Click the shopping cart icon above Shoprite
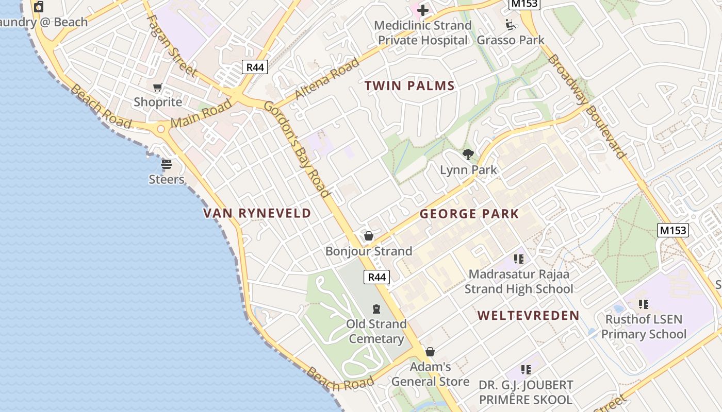[x=158, y=87]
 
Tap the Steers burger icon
[x=166, y=164]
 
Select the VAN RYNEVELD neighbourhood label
[x=257, y=213]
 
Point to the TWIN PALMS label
[x=410, y=86]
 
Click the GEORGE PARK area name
[x=469, y=214]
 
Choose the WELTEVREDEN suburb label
[x=529, y=316]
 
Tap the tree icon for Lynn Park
[x=468, y=154]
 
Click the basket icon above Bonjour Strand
[x=369, y=236]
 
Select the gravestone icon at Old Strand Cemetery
[x=376, y=309]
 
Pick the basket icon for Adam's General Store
[x=430, y=352]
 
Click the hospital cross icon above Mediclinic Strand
[x=423, y=10]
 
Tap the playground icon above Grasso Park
[x=511, y=24]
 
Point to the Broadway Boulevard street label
[x=587, y=106]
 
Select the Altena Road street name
[x=327, y=79]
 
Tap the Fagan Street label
[x=172, y=45]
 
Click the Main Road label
[x=201, y=114]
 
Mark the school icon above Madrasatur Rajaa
[x=519, y=259]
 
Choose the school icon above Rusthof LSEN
[x=643, y=304]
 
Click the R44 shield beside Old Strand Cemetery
[x=376, y=277]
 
